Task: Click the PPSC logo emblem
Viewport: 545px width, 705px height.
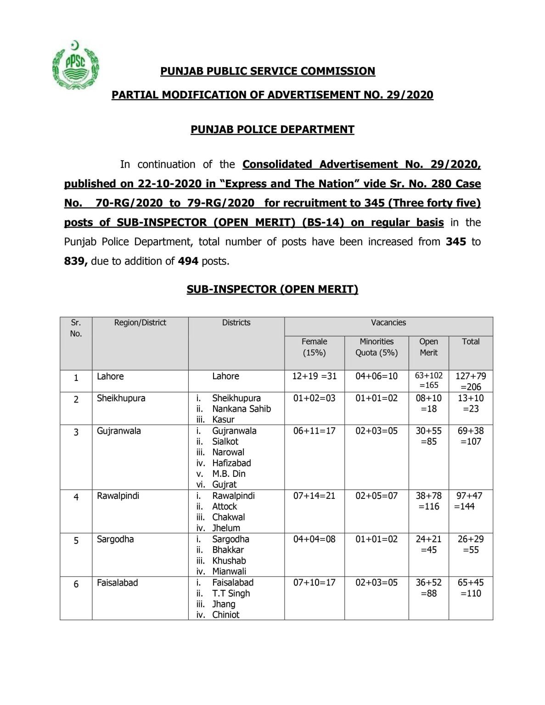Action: [75, 65]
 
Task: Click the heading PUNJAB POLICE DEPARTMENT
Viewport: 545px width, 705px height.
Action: [272, 129]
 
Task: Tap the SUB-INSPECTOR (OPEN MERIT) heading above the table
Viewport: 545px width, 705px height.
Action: [272, 289]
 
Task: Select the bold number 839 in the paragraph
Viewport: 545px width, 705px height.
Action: [75, 261]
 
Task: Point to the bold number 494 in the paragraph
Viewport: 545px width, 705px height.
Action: [188, 261]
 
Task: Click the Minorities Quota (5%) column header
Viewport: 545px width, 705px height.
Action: [376, 347]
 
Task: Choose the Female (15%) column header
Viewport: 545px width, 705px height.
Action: [314, 347]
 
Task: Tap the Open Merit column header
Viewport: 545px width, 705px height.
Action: [428, 347]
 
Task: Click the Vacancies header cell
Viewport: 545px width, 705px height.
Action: [388, 323]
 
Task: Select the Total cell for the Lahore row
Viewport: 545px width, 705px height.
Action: [471, 381]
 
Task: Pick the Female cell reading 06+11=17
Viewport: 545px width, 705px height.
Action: [314, 431]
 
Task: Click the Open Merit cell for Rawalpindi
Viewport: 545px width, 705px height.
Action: [428, 501]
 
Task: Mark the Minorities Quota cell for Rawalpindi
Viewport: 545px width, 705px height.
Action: [376, 496]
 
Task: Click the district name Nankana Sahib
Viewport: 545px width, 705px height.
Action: [241, 409]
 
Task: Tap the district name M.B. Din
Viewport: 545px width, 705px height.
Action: [229, 474]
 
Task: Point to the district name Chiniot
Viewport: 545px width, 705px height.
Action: [225, 615]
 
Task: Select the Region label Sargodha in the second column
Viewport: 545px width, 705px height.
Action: [115, 539]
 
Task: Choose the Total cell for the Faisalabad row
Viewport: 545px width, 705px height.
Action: [471, 588]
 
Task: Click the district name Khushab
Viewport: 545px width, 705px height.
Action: [229, 561]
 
